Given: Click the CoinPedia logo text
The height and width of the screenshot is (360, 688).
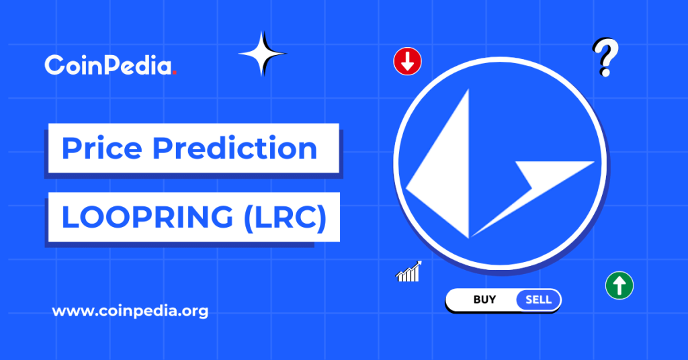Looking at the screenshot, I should pos(108,66).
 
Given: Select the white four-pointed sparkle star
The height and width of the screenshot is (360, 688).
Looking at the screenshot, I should pos(262,53).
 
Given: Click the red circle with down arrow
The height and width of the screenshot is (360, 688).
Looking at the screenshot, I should pos(407,62).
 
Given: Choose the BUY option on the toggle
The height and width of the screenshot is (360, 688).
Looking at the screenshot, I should pos(484,300).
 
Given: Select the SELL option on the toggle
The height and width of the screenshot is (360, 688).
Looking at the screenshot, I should pos(538,300).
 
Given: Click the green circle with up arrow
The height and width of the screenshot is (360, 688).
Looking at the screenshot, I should pos(619,285).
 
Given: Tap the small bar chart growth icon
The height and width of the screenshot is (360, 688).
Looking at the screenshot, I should pos(408,272).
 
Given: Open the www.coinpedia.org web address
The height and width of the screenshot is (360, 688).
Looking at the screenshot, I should pos(130,312).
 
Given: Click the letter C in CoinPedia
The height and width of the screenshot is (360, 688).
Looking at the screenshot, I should pos(54,66).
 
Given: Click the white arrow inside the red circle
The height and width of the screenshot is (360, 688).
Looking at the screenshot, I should pos(407,62).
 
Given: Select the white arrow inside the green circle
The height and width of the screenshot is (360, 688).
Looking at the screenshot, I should pos(619,285).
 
